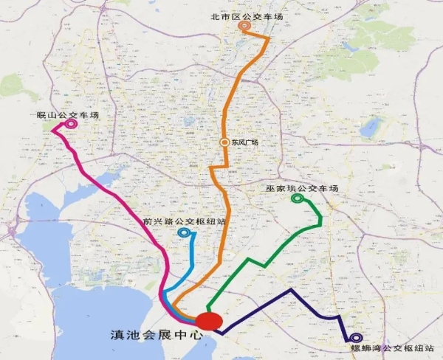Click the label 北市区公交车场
(x=245, y=14)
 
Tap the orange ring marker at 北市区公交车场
(x=245, y=27)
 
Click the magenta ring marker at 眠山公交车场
(x=71, y=125)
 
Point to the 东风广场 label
(x=244, y=142)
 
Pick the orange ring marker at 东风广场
(x=224, y=142)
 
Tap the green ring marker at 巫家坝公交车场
(x=298, y=198)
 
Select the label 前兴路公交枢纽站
(x=185, y=221)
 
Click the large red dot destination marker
(x=208, y=322)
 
